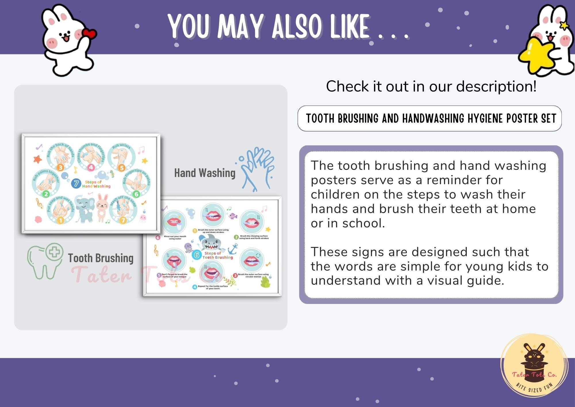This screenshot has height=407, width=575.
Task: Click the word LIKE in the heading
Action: click(349, 27)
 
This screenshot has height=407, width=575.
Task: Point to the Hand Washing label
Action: click(205, 173)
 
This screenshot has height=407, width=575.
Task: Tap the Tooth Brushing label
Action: click(101, 258)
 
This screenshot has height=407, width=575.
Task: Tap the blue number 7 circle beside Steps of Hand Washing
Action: click(76, 183)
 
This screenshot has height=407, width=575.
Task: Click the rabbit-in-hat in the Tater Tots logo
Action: click(534, 357)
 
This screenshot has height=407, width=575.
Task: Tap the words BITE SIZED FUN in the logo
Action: click(534, 388)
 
